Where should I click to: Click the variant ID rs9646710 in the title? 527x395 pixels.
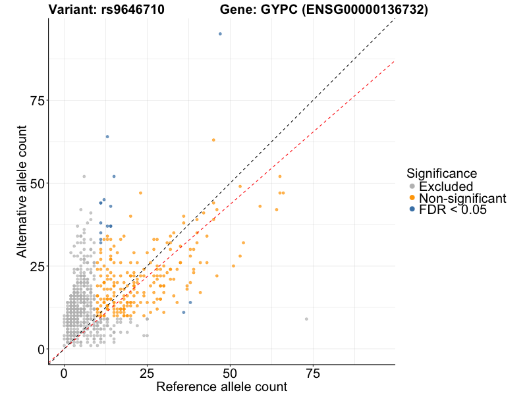[130, 10]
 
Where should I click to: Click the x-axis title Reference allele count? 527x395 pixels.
[221, 386]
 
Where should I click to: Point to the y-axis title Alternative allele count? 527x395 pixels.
[22, 192]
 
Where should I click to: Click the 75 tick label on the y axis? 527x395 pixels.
[39, 100]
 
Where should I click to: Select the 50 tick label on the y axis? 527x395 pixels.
[39, 183]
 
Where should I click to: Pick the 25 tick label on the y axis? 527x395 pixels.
[39, 266]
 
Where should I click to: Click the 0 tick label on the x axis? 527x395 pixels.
[64, 374]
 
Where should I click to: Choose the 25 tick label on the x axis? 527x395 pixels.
[147, 374]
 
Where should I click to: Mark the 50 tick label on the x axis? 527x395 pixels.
[230, 374]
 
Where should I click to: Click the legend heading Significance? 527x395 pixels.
[441, 174]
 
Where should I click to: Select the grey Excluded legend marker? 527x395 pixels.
[412, 187]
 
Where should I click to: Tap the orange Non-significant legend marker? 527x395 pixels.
[412, 198]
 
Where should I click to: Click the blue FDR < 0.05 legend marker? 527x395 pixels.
[412, 209]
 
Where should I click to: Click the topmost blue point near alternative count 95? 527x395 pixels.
[220, 34]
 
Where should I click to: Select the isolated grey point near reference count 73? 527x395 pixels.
[306, 319]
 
